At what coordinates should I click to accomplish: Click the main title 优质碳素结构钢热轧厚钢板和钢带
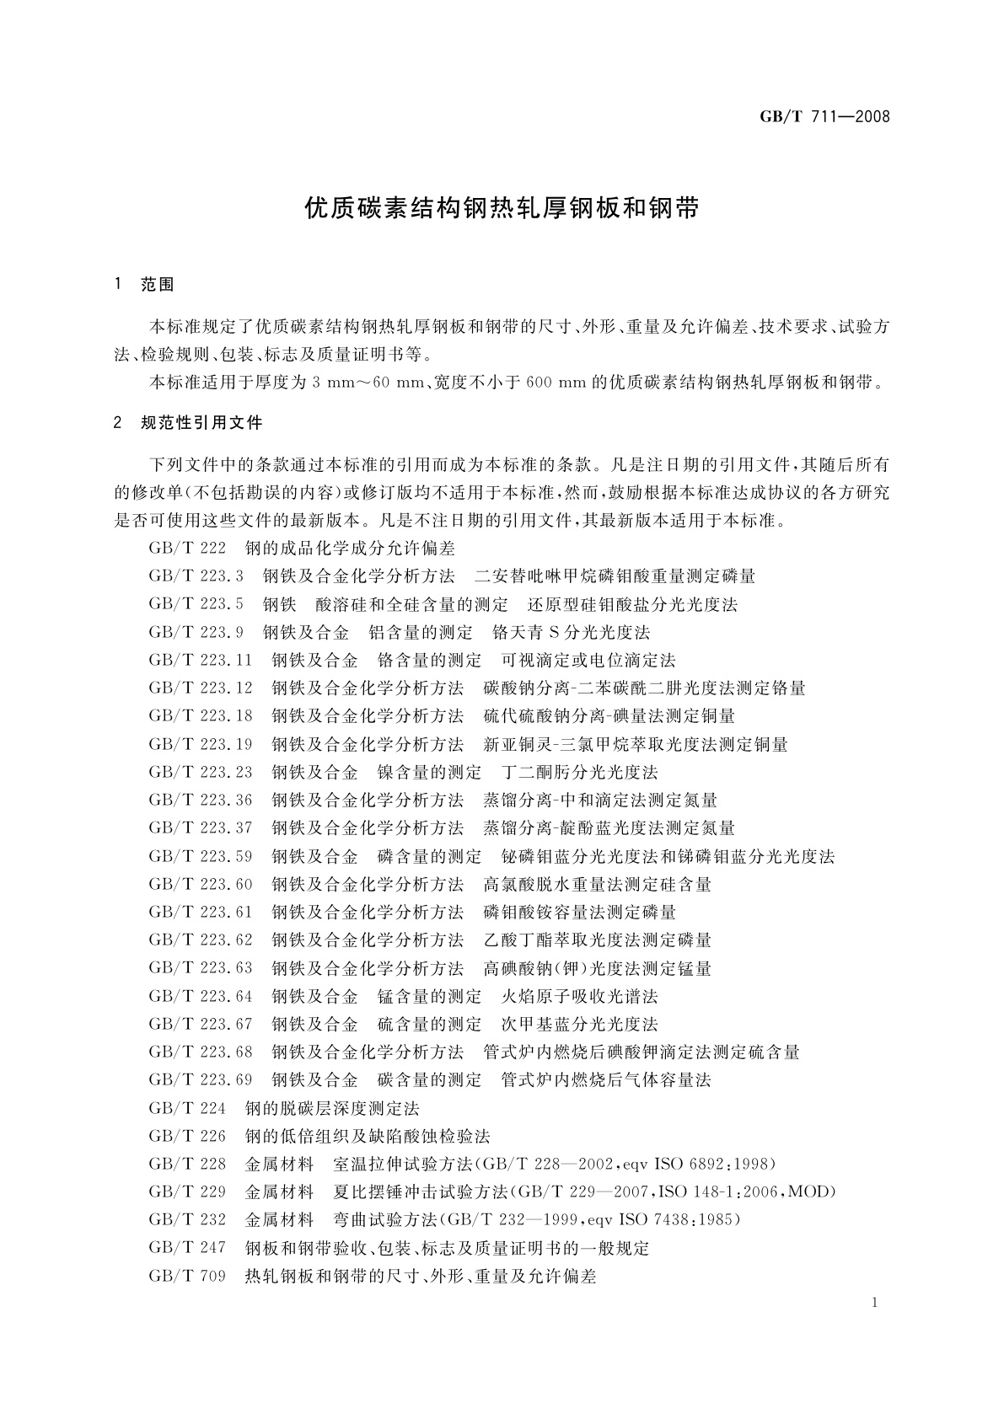click(502, 208)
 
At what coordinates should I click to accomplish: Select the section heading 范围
click(158, 285)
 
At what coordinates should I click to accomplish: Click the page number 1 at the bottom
click(875, 1303)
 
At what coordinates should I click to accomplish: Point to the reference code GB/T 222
click(187, 549)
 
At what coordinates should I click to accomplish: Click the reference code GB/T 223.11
click(201, 660)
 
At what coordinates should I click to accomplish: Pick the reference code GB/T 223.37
click(201, 827)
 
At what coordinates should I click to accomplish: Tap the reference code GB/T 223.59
click(201, 856)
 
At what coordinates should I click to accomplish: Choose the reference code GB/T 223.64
click(201, 996)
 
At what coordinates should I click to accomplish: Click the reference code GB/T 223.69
click(201, 1079)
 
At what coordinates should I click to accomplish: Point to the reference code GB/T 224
click(187, 1107)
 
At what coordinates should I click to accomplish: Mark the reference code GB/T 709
click(187, 1276)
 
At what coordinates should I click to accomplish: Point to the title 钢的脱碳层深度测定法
click(331, 1107)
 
